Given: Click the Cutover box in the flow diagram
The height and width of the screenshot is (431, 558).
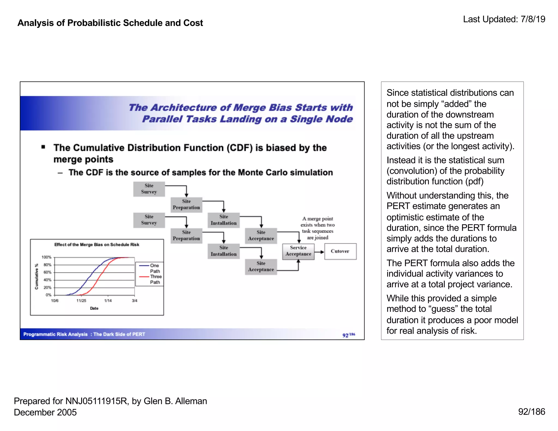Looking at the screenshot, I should click(340, 251).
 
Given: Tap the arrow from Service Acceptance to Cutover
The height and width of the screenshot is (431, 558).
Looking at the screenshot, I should click(319, 252).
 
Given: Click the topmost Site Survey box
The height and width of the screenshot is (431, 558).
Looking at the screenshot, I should click(149, 189).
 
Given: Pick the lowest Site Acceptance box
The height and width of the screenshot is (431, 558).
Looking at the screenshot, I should click(261, 267).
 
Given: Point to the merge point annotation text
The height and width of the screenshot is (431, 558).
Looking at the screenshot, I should click(317, 228).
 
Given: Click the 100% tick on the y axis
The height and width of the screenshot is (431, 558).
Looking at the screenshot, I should click(46, 257).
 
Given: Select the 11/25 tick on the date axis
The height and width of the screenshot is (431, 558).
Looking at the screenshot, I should click(81, 301).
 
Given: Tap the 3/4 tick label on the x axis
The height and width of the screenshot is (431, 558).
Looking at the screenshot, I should click(135, 301).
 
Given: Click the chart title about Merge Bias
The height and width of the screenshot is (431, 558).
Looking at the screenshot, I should click(97, 245).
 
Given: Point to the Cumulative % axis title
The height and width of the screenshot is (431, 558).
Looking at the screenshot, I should click(36, 276).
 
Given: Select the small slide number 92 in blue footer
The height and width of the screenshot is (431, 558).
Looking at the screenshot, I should click(345, 335).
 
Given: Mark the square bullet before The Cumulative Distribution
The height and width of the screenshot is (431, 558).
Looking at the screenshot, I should click(43, 147).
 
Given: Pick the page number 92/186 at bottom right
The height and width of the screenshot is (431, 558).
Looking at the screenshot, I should click(531, 412).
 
